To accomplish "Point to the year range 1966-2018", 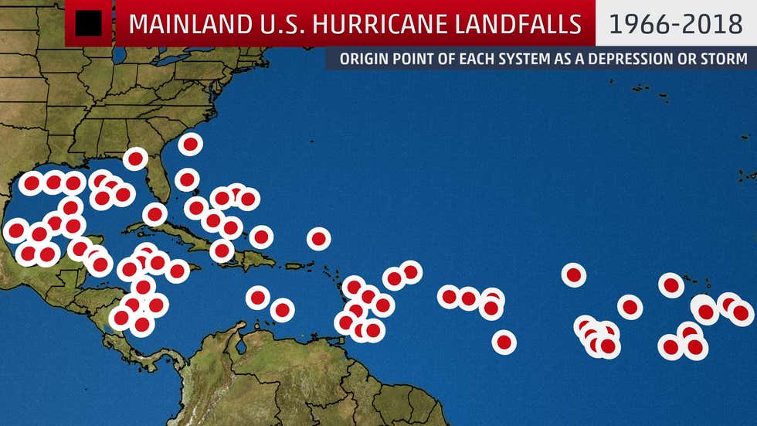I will [675, 24].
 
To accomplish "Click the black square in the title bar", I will [89, 24].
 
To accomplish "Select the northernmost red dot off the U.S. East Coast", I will [190, 144].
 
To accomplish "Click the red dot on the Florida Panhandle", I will [135, 159].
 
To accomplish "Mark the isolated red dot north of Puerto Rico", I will [318, 238].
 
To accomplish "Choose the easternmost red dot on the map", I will [741, 313].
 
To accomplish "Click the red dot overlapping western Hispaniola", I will [222, 250].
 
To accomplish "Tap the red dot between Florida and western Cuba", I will [154, 214].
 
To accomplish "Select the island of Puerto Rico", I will [295, 265].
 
